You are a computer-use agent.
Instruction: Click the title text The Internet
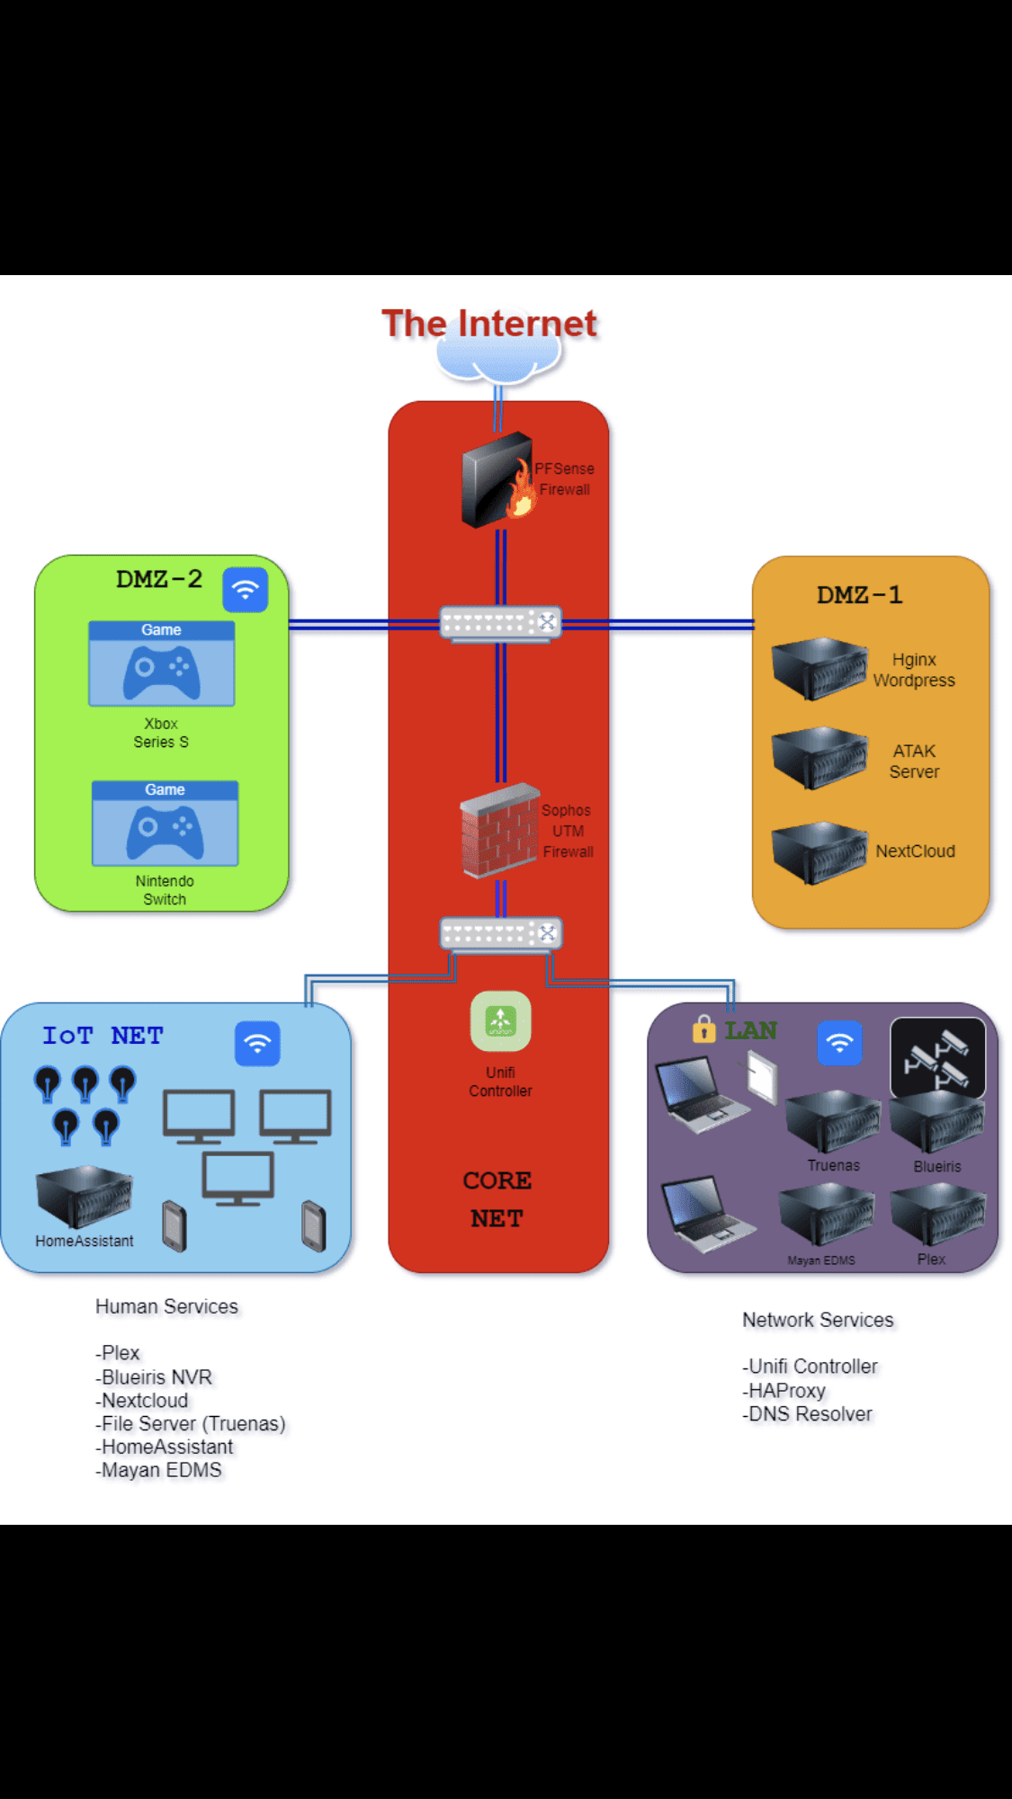[x=489, y=324]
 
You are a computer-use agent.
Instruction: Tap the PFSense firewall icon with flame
[x=497, y=480]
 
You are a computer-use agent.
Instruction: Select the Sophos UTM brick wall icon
[x=499, y=830]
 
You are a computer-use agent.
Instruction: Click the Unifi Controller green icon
[x=500, y=1021]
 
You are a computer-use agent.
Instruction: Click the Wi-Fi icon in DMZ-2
[x=246, y=590]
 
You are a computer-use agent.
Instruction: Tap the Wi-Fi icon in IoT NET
[x=257, y=1044]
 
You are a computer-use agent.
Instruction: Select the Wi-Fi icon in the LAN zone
[x=839, y=1044]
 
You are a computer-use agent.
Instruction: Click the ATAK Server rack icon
[x=819, y=759]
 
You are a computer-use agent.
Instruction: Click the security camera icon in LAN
[x=937, y=1056]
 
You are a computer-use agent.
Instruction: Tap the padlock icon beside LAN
[x=703, y=1029]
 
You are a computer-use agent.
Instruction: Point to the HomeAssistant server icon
[x=84, y=1197]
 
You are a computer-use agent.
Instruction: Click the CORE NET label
[x=497, y=1199]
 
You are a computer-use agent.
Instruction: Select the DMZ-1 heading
[x=859, y=595]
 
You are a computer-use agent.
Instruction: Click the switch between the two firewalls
[x=500, y=623]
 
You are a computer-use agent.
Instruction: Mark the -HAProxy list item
[x=784, y=1391]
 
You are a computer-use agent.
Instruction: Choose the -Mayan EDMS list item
[x=159, y=1471]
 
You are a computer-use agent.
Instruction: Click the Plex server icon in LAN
[x=937, y=1216]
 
